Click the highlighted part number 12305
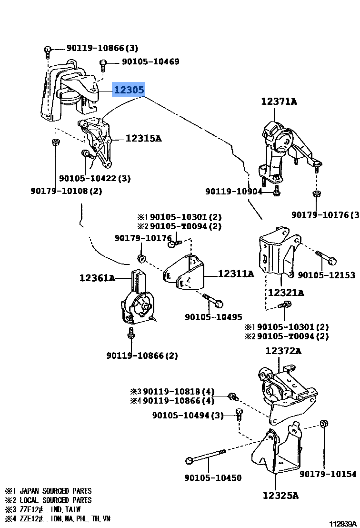coord(128,90)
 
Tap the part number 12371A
coord(279,102)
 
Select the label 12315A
coord(143,139)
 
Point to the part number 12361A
coord(97,278)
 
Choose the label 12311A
coord(236,274)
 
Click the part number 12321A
coord(286,292)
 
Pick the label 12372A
coord(283,351)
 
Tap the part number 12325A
coord(280,496)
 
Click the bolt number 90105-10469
coord(150,61)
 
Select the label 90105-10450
coord(213,478)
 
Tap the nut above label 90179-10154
coord(323,423)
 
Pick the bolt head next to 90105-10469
coord(103,63)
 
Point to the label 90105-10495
coord(213,317)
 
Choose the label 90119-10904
coord(234,191)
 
